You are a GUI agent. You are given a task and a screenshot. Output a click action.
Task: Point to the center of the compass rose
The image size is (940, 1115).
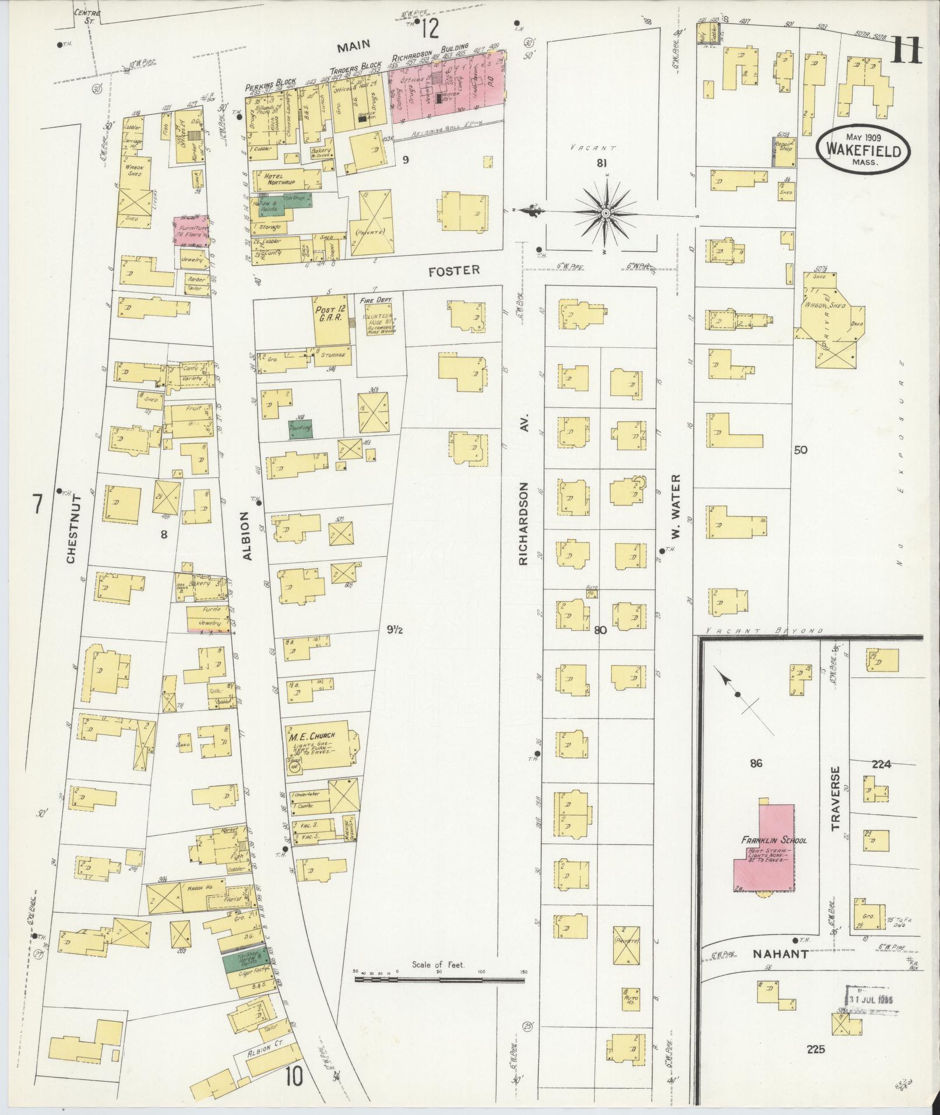point(606,213)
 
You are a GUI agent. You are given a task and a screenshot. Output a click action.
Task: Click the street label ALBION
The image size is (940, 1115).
point(247,536)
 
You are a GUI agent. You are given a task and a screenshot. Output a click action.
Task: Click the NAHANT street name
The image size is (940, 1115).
point(780,954)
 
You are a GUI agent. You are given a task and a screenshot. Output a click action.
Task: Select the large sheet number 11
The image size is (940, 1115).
point(905,51)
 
